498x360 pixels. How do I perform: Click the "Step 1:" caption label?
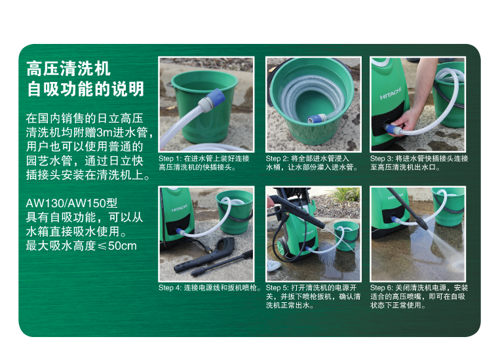pyautogui.click(x=170, y=159)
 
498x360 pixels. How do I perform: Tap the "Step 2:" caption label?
pyautogui.click(x=277, y=159)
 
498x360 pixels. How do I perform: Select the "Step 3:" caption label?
pyautogui.click(x=382, y=159)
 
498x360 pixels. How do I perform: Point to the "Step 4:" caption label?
pyautogui.click(x=170, y=288)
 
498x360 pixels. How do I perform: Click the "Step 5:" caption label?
pyautogui.click(x=277, y=288)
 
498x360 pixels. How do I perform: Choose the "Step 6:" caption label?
pyautogui.click(x=382, y=288)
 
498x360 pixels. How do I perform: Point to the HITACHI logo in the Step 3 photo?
pyautogui.click(x=391, y=94)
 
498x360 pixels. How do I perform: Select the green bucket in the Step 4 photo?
pyautogui.click(x=235, y=211)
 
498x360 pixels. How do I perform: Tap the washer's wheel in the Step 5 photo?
pyautogui.click(x=281, y=247)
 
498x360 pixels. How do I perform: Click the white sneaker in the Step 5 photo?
pyautogui.click(x=273, y=266)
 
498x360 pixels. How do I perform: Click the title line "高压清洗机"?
pyautogui.click(x=68, y=69)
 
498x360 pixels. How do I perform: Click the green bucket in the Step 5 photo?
pyautogui.click(x=346, y=236)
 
